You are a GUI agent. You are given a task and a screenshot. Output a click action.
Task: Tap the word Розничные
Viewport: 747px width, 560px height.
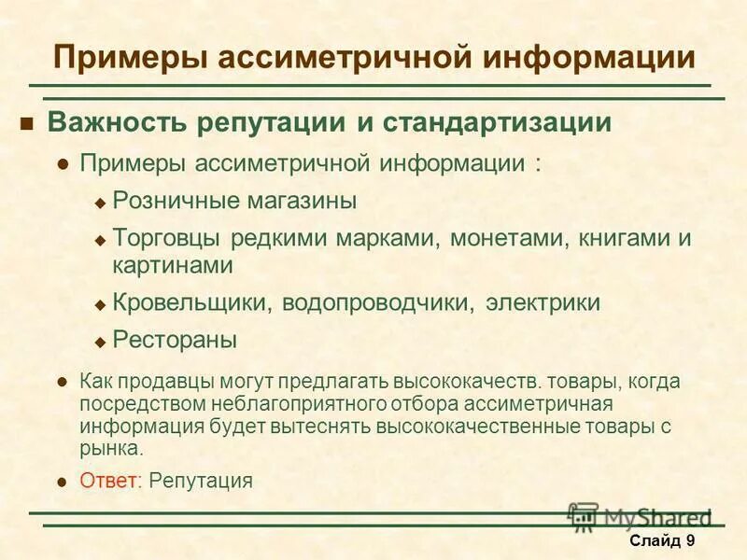174,200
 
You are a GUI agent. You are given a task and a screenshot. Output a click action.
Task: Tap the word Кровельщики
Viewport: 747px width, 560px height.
193,303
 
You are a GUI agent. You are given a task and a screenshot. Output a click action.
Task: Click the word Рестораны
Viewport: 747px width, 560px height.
175,340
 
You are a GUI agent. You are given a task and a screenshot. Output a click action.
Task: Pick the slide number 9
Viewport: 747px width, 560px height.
690,541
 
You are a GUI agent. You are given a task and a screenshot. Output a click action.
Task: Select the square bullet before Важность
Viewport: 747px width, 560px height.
27,124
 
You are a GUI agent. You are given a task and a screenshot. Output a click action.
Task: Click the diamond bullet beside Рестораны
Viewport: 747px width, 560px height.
101,342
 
